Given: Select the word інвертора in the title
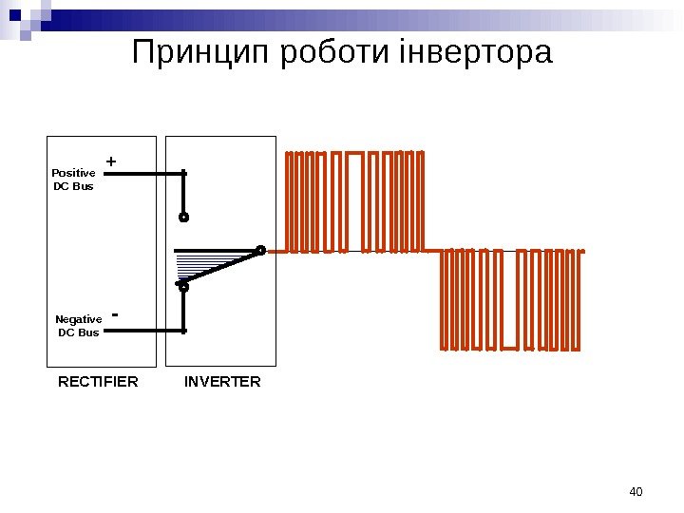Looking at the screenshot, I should (475, 53).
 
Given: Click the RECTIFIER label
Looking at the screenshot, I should (98, 382).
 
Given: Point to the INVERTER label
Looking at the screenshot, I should (222, 382).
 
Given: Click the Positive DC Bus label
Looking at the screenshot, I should (73, 180).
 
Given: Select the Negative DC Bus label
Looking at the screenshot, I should (78, 326).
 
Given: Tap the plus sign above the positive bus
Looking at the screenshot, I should (111, 162).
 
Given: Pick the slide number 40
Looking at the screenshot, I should (636, 491).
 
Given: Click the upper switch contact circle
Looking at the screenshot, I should (184, 218).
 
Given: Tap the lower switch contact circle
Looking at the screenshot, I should (184, 286).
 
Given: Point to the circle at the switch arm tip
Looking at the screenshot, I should (261, 251).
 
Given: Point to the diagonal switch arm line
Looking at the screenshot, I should (223, 268).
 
